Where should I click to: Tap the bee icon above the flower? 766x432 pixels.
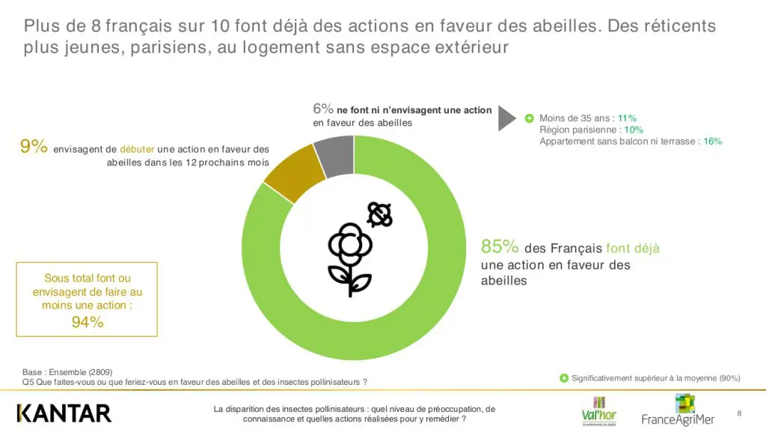pos(379,215)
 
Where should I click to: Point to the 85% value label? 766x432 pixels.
pos(500,247)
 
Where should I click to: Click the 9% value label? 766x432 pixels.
pos(34,147)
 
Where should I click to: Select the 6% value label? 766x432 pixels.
pos(323,109)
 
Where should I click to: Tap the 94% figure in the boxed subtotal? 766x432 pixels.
pos(87,323)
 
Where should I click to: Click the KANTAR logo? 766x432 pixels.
pos(64,413)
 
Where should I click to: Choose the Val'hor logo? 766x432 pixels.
pos(598,410)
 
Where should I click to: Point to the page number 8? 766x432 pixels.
pos(739,413)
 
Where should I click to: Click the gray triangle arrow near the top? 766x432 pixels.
pos(507,118)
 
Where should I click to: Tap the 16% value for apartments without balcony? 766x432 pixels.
pos(713,141)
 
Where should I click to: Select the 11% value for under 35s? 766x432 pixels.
pos(627,118)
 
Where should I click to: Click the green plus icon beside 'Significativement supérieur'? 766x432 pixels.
pos(564,378)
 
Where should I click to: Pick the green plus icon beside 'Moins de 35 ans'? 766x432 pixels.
pos(529,118)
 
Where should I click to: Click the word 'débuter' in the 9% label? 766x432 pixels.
pos(137,149)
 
